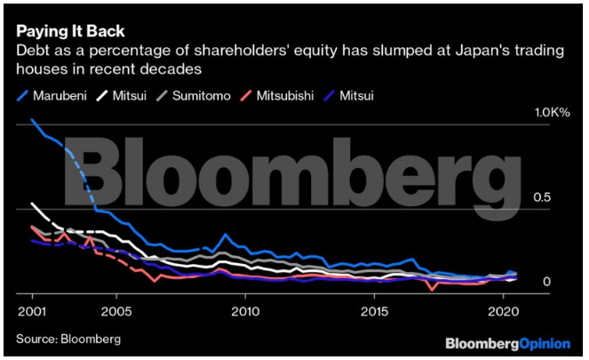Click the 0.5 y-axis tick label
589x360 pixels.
coord(545,196)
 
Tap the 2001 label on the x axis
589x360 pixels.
coord(33,312)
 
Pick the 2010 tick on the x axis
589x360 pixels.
coord(246,312)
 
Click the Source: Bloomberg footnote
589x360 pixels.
coord(68,339)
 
